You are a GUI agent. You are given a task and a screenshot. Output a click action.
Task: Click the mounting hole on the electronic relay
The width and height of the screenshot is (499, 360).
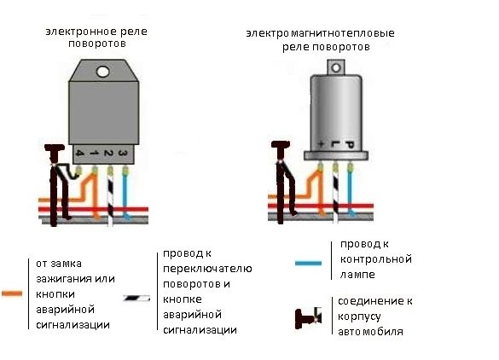[103, 72]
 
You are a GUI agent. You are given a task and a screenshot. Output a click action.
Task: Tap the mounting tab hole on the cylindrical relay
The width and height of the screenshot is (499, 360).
[335, 67]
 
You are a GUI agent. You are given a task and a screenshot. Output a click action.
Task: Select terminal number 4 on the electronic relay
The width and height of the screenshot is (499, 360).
[79, 154]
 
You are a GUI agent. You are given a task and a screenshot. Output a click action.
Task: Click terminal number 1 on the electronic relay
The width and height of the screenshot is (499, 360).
[95, 154]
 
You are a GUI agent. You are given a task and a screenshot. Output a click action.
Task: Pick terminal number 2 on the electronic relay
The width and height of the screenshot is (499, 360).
[108, 154]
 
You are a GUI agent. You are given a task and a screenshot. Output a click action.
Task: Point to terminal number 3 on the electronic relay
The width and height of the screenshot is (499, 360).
[123, 154]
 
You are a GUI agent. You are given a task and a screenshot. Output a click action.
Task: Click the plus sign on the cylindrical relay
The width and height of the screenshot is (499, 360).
[321, 144]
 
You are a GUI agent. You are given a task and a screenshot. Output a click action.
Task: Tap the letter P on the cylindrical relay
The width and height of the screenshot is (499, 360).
[350, 145]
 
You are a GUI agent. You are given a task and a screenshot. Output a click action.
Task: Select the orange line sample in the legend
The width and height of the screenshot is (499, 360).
[12, 293]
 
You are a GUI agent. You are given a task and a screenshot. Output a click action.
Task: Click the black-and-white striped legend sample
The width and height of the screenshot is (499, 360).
[136, 299]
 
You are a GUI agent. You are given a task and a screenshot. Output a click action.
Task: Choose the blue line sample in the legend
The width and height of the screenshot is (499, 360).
[308, 264]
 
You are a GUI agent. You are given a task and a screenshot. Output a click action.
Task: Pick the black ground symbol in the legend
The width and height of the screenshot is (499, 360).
[308, 317]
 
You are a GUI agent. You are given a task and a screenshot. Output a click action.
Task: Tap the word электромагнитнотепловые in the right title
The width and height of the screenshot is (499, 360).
[320, 33]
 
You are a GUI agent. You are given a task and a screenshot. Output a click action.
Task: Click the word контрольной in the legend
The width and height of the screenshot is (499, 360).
[376, 259]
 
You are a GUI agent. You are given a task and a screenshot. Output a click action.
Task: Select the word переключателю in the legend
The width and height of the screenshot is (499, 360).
[207, 269]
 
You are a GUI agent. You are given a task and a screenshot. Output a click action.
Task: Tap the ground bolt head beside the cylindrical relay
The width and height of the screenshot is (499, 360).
[281, 145]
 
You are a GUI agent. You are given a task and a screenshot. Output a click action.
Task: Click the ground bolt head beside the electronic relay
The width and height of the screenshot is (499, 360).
[55, 148]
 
